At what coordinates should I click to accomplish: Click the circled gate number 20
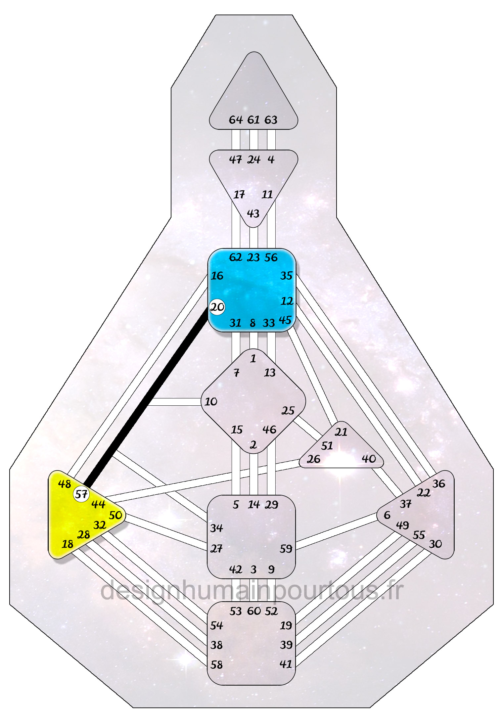(x=217, y=307)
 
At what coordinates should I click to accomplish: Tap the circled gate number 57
(x=81, y=494)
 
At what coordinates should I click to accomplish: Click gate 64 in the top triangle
(x=236, y=120)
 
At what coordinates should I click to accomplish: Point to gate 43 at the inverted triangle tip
(x=253, y=213)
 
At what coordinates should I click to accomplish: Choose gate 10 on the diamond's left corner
(x=211, y=402)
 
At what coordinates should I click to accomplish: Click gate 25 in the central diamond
(x=288, y=411)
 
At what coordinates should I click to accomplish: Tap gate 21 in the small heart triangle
(x=341, y=432)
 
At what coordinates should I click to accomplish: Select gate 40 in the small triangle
(x=368, y=459)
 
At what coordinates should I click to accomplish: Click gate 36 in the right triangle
(x=439, y=483)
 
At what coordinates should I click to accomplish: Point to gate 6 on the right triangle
(x=387, y=515)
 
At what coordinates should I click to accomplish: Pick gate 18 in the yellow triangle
(x=68, y=544)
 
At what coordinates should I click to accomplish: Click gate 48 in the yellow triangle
(x=65, y=484)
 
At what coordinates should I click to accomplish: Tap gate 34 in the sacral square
(x=216, y=528)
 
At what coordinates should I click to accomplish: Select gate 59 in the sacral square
(x=286, y=549)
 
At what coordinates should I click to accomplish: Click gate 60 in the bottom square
(x=254, y=611)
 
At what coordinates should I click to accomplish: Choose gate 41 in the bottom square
(x=286, y=664)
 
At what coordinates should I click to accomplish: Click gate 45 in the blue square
(x=285, y=320)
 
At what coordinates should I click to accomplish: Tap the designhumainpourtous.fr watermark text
(x=252, y=591)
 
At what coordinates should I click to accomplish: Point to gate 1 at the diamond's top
(x=253, y=358)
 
